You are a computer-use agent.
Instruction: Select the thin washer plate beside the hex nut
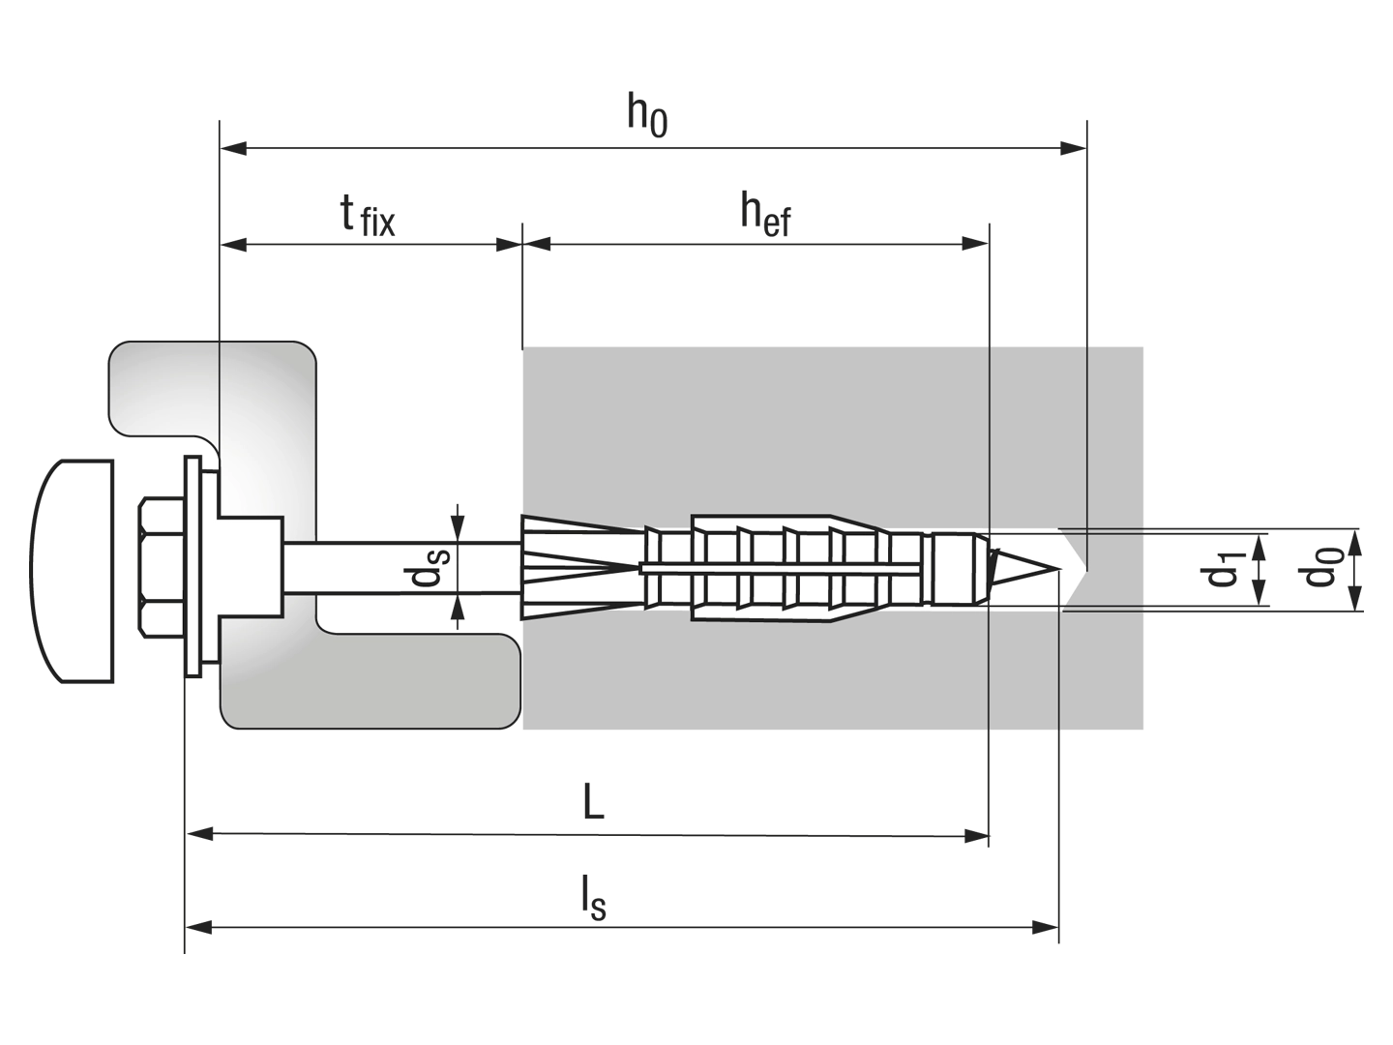[193, 567]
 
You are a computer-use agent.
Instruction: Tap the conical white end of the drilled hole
[1072, 569]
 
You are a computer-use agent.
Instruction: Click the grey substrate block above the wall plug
[755, 426]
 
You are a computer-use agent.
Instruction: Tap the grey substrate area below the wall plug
[755, 677]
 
